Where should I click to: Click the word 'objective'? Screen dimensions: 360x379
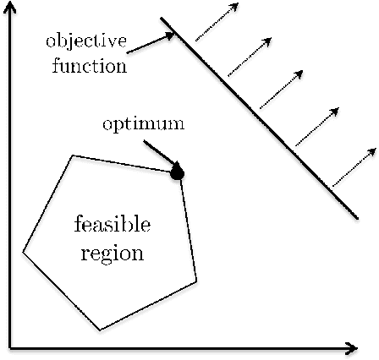pos(86,40)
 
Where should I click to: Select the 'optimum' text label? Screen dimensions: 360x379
pos(143,125)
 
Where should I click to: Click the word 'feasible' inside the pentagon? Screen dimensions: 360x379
pos(113,225)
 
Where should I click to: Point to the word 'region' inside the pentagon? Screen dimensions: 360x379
pos(113,253)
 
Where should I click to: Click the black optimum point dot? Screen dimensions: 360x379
pos(177,173)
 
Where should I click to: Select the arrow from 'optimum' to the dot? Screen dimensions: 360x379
pos(160,155)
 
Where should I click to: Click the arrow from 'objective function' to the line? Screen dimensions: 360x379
pos(151,41)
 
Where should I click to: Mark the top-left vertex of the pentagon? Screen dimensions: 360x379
pos(74,155)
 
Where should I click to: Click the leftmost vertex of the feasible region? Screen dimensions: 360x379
pos(23,251)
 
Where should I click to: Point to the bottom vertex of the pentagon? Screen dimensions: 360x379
pos(100,330)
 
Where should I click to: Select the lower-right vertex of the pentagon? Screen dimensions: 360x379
pos(196,281)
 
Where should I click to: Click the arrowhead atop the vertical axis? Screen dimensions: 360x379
pos(9,8)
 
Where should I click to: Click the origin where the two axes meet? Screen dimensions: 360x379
pos(9,346)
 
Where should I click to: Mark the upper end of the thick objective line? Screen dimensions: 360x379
pos(162,19)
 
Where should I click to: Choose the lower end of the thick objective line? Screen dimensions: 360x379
pos(357,217)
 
